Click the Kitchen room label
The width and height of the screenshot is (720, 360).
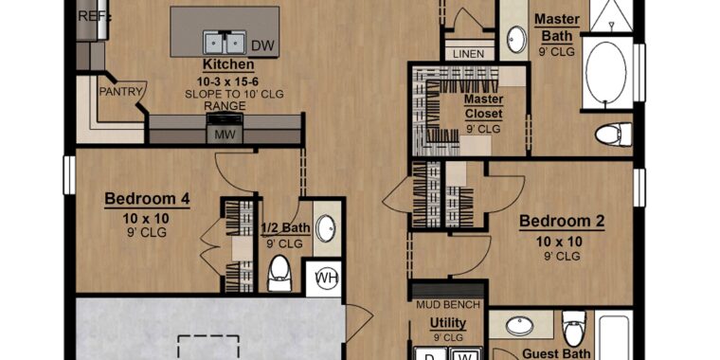228,64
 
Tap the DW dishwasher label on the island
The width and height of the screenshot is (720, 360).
262,45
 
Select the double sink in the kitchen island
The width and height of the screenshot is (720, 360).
225,43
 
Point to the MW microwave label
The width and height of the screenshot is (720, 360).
225,135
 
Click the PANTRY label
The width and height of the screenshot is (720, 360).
120,92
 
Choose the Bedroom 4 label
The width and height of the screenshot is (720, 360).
147,199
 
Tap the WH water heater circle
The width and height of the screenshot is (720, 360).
328,278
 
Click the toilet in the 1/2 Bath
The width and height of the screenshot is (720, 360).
279,273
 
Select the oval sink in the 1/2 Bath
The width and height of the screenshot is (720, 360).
326,228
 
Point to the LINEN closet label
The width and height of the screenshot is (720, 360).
468,54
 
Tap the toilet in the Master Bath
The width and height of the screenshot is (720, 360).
614,135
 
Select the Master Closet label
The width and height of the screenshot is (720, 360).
484,106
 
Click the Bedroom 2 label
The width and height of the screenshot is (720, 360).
562,222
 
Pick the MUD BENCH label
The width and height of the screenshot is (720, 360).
448,304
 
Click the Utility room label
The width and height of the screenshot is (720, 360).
448,324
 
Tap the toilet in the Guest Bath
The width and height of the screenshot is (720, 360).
574,328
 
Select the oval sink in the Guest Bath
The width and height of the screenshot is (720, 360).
519,326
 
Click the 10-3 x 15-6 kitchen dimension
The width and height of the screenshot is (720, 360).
228,82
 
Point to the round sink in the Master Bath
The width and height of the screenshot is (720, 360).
517,40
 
